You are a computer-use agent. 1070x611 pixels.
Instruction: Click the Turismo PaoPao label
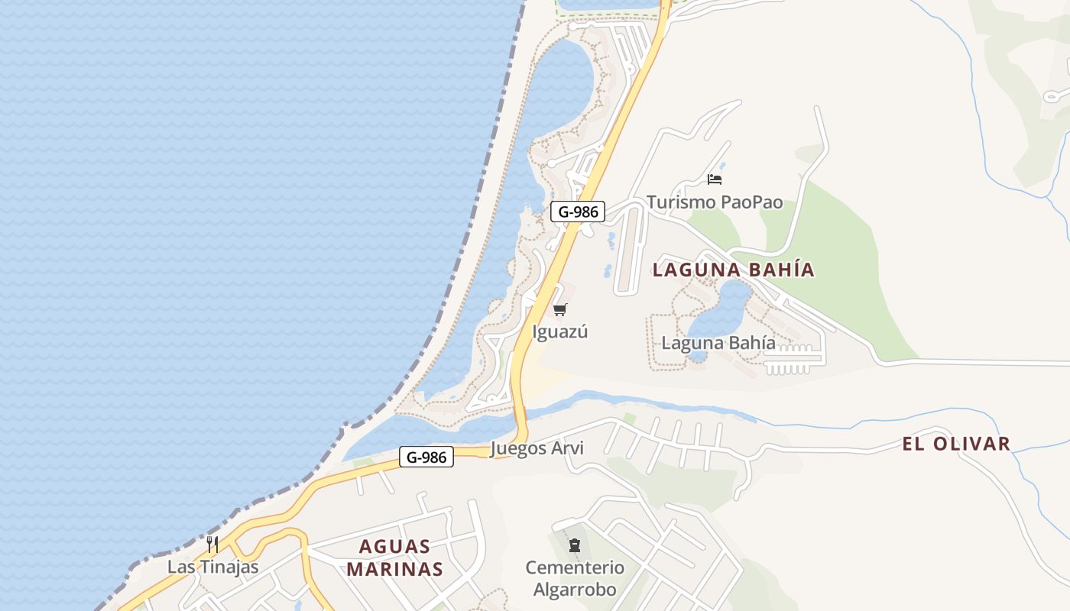point(715,202)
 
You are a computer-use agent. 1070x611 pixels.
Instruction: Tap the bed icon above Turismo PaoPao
point(715,179)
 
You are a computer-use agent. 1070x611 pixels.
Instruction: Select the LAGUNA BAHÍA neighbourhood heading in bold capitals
point(734,270)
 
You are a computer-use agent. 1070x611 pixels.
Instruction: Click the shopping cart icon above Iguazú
point(560,309)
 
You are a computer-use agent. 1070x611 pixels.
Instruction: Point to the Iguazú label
point(560,332)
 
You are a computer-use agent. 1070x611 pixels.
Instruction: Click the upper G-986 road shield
point(578,212)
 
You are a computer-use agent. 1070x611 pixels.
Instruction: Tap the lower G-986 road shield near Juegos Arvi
point(426,457)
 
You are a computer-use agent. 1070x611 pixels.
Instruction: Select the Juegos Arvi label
point(537,448)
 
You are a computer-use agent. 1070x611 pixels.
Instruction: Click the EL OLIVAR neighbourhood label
point(956,444)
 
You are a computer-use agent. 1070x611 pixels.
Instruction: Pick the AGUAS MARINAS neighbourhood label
point(394,558)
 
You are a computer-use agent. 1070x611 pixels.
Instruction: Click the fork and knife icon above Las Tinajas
point(212,545)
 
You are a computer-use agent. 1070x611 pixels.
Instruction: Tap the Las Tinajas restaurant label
point(213,567)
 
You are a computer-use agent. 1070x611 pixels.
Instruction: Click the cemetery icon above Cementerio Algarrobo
point(574,545)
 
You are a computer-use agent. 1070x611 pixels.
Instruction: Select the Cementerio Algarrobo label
point(574,579)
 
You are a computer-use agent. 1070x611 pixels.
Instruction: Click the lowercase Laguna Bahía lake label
point(718,343)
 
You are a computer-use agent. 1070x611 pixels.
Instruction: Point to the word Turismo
point(680,202)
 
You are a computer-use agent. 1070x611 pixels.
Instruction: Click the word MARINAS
point(394,569)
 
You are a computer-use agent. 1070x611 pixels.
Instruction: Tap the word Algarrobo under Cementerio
point(574,590)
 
